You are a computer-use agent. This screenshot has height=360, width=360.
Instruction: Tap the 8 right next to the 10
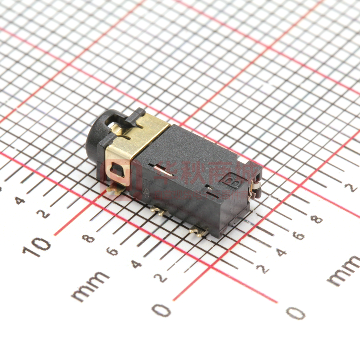(88, 238)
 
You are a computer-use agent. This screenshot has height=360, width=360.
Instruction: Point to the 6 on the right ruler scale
(298, 236)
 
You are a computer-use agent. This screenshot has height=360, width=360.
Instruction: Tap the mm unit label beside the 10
(90, 286)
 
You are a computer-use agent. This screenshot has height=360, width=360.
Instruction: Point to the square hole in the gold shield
(116, 171)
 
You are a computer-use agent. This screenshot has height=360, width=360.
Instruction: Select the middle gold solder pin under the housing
(158, 211)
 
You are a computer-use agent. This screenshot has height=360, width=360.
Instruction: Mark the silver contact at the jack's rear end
(254, 188)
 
